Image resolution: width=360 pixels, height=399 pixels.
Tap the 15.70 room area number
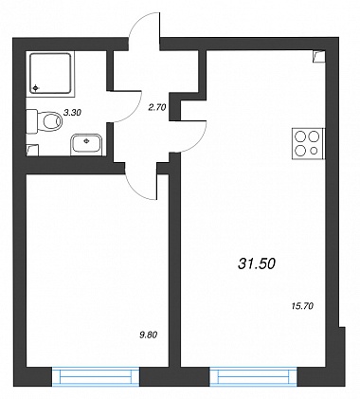302,306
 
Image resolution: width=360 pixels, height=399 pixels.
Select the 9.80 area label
148,335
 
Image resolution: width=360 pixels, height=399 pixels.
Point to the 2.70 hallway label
157,108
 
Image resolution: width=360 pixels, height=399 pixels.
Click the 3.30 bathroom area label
73,112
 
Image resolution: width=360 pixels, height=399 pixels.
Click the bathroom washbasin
87,145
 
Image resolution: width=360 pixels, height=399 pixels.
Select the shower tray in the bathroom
50,73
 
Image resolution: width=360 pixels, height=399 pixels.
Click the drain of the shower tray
35,88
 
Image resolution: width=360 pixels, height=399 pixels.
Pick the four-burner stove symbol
308,144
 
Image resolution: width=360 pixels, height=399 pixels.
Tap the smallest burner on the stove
314,151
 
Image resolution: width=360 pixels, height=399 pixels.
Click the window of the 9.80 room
96,376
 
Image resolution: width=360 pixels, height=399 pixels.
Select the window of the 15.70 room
254,376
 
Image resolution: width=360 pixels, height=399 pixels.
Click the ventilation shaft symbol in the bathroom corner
32,150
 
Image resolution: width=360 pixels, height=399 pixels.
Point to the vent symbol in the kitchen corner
319,57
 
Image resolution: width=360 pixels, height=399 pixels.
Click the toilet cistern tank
31,121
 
